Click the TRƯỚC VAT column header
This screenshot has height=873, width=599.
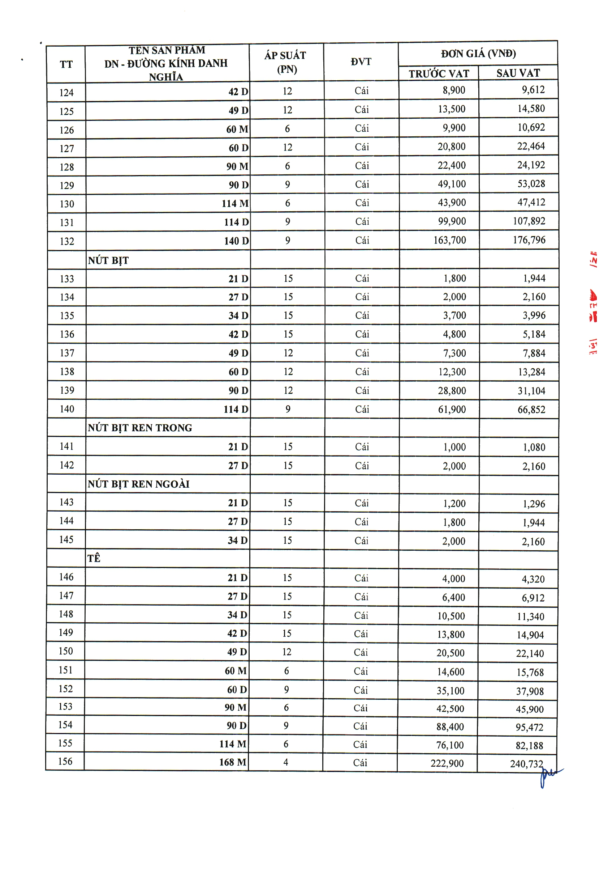(x=439, y=74)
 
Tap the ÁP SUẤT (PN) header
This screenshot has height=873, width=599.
(x=286, y=62)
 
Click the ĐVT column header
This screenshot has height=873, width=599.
(x=361, y=62)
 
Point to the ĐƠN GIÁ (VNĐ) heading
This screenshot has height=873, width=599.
(x=478, y=54)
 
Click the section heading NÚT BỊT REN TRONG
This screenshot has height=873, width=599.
(x=139, y=428)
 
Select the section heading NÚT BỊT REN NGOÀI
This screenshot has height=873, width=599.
(x=138, y=484)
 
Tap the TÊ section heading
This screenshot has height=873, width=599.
(x=94, y=559)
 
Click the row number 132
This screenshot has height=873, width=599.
(x=67, y=241)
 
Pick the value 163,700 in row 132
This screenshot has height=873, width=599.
(x=450, y=240)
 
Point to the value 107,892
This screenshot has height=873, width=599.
(x=529, y=221)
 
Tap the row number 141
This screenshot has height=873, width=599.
(x=66, y=446)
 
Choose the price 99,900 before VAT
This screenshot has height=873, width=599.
(x=452, y=221)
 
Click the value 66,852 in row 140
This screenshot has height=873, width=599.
(x=531, y=410)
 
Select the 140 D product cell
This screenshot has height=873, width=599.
(x=236, y=241)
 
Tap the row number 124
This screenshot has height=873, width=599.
(x=66, y=93)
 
